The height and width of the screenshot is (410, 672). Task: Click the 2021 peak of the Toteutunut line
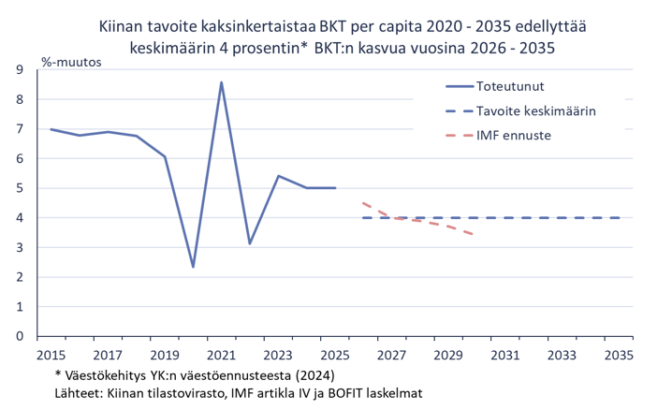pos(221,82)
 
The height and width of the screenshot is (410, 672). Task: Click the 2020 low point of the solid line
pos(193,267)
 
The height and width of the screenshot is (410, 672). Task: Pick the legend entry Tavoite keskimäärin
pos(536,110)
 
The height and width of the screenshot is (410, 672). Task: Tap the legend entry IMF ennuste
pos(513,135)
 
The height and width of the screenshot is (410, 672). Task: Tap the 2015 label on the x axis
pos(51,355)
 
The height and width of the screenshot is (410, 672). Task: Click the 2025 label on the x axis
pos(335,355)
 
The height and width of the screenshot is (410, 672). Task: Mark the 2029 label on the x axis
pos(449,355)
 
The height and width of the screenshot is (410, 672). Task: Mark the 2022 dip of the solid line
pos(250,243)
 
